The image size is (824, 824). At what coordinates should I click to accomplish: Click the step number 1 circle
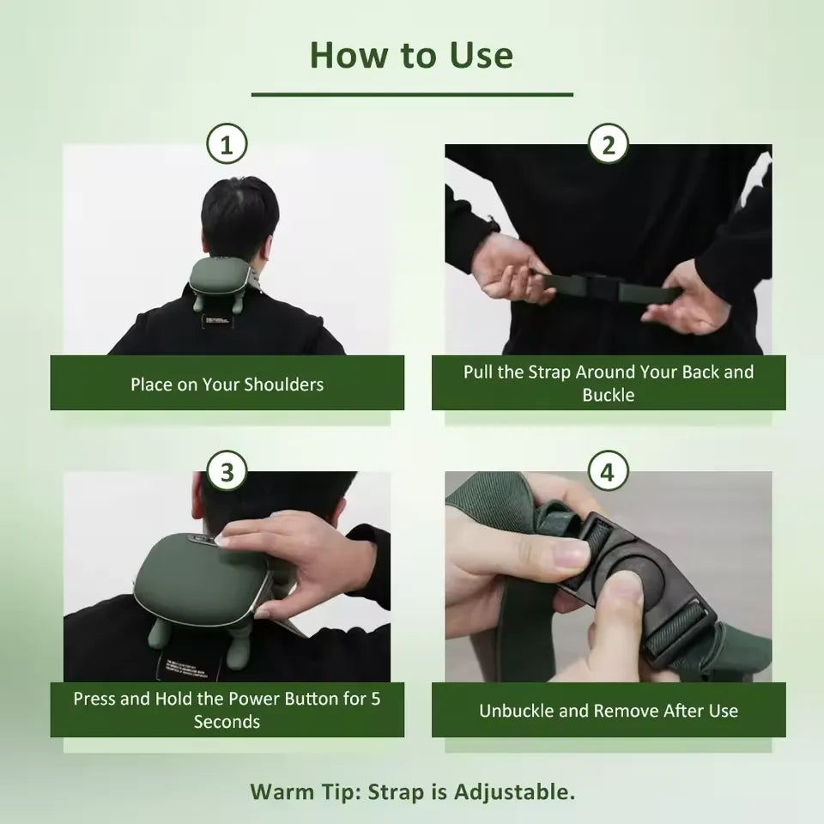pos(227,145)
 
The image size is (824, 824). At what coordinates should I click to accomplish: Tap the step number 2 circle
pos(609,145)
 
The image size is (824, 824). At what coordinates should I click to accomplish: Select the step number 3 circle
pos(227,472)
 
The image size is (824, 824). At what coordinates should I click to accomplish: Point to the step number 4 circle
pos(609,472)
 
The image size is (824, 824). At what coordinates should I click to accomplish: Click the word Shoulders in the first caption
pos(283,384)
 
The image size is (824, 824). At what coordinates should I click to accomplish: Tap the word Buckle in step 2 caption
pos(608,395)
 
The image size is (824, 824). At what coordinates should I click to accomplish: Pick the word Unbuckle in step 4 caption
pos(516,711)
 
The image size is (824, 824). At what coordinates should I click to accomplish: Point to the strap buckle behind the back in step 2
pos(592,285)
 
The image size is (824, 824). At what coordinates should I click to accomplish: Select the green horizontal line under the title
pos(412,94)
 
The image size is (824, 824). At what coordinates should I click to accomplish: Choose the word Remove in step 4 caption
pos(631,711)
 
